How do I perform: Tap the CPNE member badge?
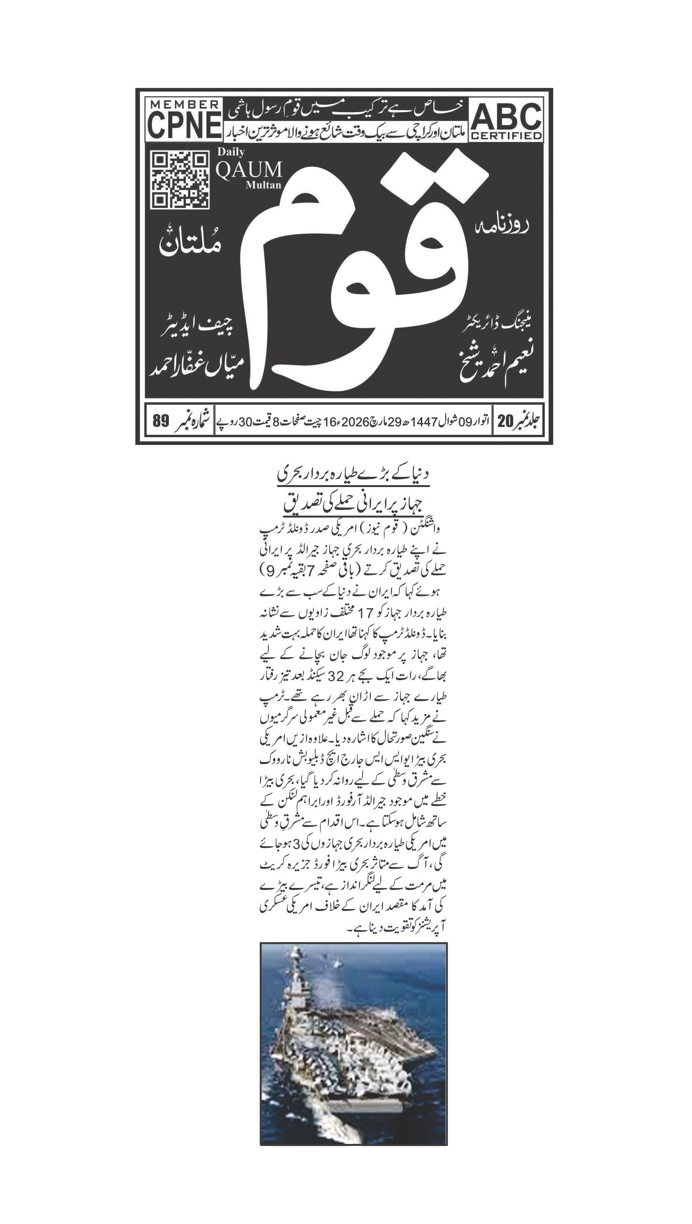184,120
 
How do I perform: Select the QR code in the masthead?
180,180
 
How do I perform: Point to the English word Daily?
231,152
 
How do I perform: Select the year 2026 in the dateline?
352,422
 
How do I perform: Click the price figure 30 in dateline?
245,422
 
